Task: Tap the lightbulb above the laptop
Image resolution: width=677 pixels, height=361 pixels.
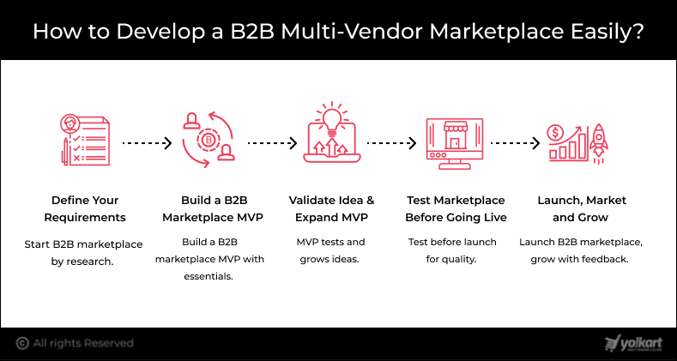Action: pos(329,117)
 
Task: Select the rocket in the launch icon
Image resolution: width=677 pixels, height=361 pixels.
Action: pos(598,139)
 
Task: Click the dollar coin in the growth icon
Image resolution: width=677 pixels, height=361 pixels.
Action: pos(557,134)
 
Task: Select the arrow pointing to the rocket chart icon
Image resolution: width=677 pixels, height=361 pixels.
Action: pos(516,143)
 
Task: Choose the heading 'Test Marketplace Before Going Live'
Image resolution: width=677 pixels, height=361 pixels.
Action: pos(456,208)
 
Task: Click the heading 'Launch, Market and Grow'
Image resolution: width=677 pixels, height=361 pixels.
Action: pos(581,208)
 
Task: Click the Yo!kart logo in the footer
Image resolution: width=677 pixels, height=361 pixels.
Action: pos(632,343)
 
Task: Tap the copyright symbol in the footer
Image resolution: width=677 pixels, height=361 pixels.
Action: pos(21,343)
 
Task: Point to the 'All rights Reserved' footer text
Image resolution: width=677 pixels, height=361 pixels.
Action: pos(83,343)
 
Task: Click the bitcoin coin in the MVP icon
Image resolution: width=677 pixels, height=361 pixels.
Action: pos(206,140)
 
